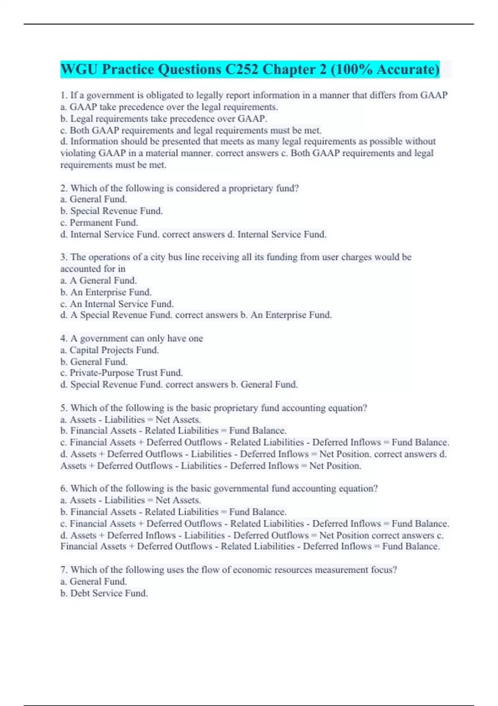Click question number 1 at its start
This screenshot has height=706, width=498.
click(63, 96)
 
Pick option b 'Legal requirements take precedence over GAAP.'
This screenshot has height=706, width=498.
click(164, 119)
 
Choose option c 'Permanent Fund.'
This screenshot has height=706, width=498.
click(99, 223)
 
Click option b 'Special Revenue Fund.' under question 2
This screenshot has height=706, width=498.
click(112, 211)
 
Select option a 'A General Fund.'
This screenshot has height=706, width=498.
click(99, 281)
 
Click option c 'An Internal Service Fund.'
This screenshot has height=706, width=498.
click(117, 304)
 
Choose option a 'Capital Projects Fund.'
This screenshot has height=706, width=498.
click(110, 351)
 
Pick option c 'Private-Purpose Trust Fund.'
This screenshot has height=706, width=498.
click(122, 373)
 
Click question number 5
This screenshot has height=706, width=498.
click(63, 408)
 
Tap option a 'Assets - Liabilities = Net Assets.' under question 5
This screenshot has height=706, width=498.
click(131, 420)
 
